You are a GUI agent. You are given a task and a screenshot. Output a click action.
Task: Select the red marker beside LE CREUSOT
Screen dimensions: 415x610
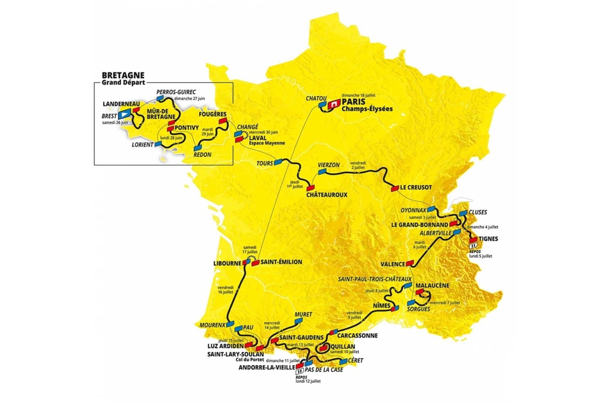click(394, 188)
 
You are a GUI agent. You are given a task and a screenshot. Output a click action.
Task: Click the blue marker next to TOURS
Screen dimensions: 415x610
click(278, 161)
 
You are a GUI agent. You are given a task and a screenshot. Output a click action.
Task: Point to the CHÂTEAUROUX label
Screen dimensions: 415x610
click(327, 195)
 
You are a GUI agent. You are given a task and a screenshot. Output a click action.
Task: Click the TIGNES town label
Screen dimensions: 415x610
click(488, 239)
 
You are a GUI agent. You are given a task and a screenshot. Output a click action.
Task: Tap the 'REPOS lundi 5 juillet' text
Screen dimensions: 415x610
click(481, 254)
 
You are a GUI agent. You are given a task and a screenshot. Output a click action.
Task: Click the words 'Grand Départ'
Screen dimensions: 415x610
click(123, 83)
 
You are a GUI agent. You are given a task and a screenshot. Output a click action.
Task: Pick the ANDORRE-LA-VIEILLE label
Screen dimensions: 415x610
click(266, 368)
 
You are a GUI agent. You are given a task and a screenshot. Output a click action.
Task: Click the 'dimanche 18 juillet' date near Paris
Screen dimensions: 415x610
click(358, 95)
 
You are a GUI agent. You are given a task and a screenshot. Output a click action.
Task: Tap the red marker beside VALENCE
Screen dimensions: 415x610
click(409, 263)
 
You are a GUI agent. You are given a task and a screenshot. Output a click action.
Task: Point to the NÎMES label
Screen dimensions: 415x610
click(378, 305)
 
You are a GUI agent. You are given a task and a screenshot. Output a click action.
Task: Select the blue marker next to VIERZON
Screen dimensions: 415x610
click(322, 172)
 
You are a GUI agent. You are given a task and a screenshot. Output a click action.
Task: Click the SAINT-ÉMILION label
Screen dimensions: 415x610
click(281, 262)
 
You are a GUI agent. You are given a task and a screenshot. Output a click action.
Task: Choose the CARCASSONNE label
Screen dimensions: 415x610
click(358, 335)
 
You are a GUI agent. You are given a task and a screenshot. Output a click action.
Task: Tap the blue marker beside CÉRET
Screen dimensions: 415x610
click(343, 362)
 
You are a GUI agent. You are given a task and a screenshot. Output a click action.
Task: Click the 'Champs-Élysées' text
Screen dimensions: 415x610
click(367, 109)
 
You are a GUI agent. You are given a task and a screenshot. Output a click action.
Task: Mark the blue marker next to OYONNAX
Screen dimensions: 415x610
click(431, 209)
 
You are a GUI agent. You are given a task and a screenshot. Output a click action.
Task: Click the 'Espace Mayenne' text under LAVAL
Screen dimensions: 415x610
click(267, 143)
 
